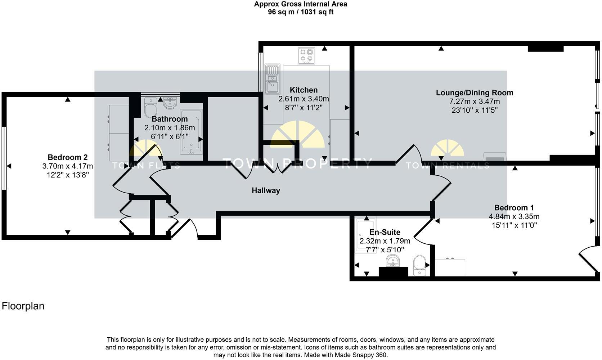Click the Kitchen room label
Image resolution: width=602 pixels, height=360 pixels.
(304, 90)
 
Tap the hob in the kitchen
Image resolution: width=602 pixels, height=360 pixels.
(306, 55)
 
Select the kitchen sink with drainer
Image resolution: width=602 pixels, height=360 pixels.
(272, 79)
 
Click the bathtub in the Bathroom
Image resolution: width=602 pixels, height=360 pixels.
(191, 132)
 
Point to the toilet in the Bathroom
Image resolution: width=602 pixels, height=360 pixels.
(150, 108)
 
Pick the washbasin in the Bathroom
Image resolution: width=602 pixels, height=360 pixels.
(170, 103)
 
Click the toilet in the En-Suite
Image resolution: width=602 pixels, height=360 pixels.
(419, 265)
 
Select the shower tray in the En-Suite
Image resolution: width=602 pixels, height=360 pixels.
(366, 235)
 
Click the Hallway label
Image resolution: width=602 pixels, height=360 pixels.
(266, 190)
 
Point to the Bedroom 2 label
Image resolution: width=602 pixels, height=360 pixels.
(68, 157)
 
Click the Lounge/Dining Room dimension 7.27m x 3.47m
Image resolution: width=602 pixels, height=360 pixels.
(475, 102)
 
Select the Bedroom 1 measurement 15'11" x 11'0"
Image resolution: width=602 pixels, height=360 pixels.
(514, 225)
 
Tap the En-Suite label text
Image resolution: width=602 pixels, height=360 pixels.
(385, 232)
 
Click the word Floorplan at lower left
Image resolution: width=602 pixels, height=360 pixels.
(23, 306)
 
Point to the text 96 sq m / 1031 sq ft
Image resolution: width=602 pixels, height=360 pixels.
(301, 12)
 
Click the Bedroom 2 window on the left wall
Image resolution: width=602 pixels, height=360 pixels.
(4, 158)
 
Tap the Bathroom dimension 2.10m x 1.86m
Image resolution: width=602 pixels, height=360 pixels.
(170, 128)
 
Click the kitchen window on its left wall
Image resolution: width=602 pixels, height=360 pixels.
(261, 72)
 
